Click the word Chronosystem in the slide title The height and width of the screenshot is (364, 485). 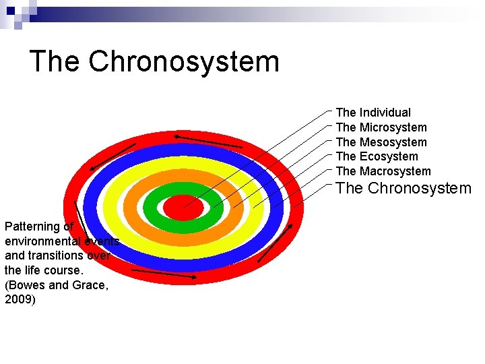(x=183, y=61)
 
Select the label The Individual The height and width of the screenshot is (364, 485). (x=373, y=113)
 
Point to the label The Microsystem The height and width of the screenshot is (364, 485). (x=381, y=127)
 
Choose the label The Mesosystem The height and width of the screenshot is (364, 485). (x=381, y=142)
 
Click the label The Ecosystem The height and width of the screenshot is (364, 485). (x=377, y=156)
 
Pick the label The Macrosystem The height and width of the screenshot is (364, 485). (x=383, y=171)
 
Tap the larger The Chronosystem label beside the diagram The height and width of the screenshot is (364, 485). (x=403, y=188)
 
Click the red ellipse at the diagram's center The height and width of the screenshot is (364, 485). (x=183, y=207)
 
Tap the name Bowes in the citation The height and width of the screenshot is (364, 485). (x=26, y=284)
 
